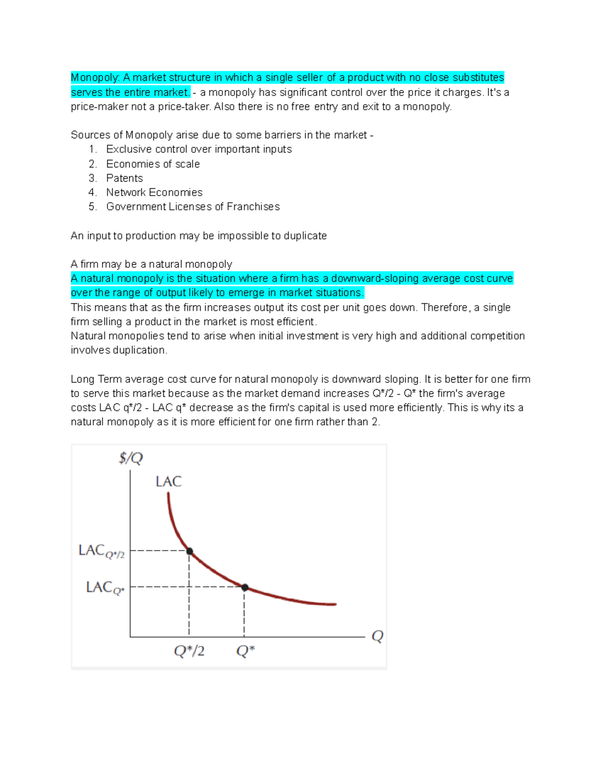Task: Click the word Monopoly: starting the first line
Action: coord(95,77)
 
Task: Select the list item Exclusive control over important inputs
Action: coord(198,149)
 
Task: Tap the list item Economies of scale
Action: coord(153,164)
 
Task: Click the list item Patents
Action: coord(124,178)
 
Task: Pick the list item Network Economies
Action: coord(154,192)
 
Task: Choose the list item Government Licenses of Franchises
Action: coord(192,207)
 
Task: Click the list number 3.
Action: coord(92,178)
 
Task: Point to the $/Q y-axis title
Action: coord(131,458)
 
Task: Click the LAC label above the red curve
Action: coord(168,482)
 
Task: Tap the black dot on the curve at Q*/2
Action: coord(189,551)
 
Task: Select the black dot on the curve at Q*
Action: coord(245,587)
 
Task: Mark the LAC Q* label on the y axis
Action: coord(105,587)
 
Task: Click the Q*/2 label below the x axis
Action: coord(189,651)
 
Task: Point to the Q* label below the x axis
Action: coord(245,651)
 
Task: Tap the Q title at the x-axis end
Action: coord(377,636)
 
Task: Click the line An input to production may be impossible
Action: coord(198,236)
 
